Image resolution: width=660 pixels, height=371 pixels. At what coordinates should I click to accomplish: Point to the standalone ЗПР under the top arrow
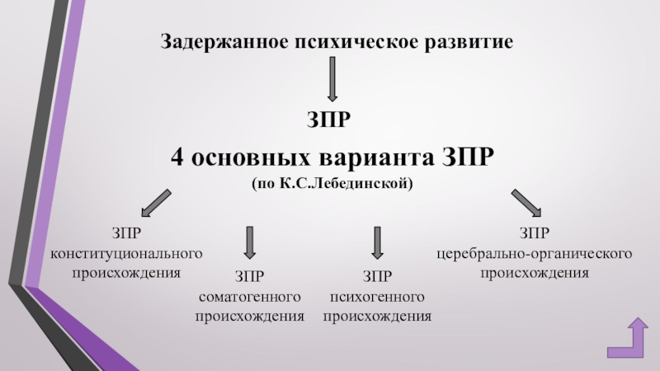pyautogui.click(x=331, y=121)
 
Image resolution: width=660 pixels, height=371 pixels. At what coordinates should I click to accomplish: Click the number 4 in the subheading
pyautogui.click(x=177, y=156)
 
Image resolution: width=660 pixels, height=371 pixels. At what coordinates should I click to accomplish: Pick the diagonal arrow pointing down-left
pyautogui.click(x=154, y=203)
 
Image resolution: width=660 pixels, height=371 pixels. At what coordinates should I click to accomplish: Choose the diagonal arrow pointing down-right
pyautogui.click(x=526, y=203)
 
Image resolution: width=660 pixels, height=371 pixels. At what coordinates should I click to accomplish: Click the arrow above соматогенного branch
pyautogui.click(x=249, y=242)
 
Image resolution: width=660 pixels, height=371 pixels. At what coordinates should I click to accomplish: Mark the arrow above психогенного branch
pyautogui.click(x=377, y=242)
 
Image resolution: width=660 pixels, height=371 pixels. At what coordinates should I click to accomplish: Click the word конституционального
pyautogui.click(x=126, y=251)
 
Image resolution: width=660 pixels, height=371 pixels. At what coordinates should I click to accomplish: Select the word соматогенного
pyautogui.click(x=249, y=297)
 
